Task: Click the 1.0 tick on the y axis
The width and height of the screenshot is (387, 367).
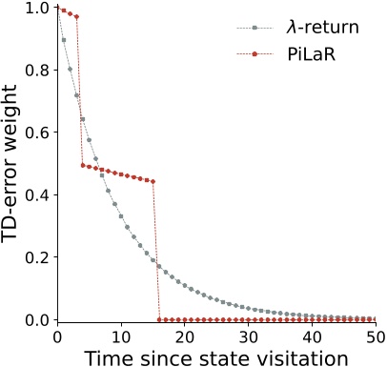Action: (x=39, y=8)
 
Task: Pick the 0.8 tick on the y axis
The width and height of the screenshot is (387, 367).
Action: (x=39, y=71)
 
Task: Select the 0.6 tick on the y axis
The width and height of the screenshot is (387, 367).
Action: (x=39, y=133)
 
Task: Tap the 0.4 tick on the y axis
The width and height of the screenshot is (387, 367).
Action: (x=39, y=194)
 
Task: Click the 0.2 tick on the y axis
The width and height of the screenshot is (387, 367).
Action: (x=39, y=257)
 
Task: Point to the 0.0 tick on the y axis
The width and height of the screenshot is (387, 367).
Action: (x=39, y=319)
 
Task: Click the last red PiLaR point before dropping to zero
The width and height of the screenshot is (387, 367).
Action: (x=153, y=181)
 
